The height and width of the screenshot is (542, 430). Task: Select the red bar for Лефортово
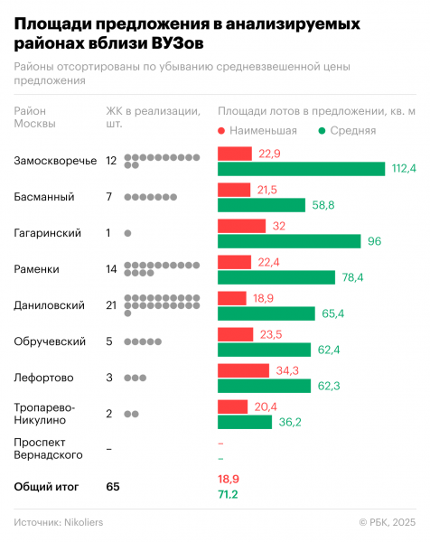coord(243,370)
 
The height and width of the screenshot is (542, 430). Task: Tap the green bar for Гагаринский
coord(288,241)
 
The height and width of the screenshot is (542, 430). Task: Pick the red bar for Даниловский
coord(231,298)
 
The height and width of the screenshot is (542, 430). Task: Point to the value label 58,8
coord(324,205)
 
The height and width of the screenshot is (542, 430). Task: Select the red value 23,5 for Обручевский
coord(271,334)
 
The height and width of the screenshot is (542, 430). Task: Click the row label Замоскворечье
coord(55,161)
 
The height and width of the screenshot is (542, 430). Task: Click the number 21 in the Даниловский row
coord(112,305)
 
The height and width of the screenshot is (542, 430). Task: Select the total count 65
coord(112,487)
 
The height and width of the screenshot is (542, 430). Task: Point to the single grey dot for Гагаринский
coord(127,233)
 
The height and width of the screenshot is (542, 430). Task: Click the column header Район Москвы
coord(36,117)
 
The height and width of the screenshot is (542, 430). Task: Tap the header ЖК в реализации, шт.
coord(153,117)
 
